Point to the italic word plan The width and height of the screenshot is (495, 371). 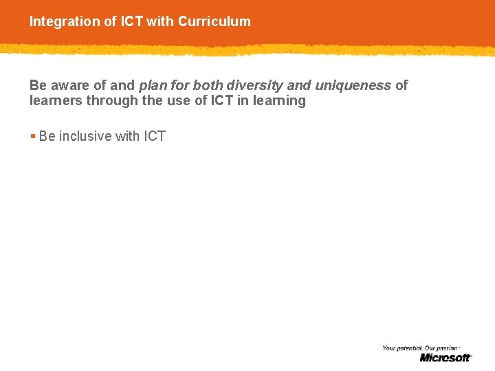152,85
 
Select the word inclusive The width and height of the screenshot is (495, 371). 85,136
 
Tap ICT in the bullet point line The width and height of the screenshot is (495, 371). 154,136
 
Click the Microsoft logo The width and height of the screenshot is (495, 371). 445,357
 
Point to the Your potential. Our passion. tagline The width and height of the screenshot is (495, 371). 420,348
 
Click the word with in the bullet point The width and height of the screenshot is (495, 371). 127,136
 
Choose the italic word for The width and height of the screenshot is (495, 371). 179,85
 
